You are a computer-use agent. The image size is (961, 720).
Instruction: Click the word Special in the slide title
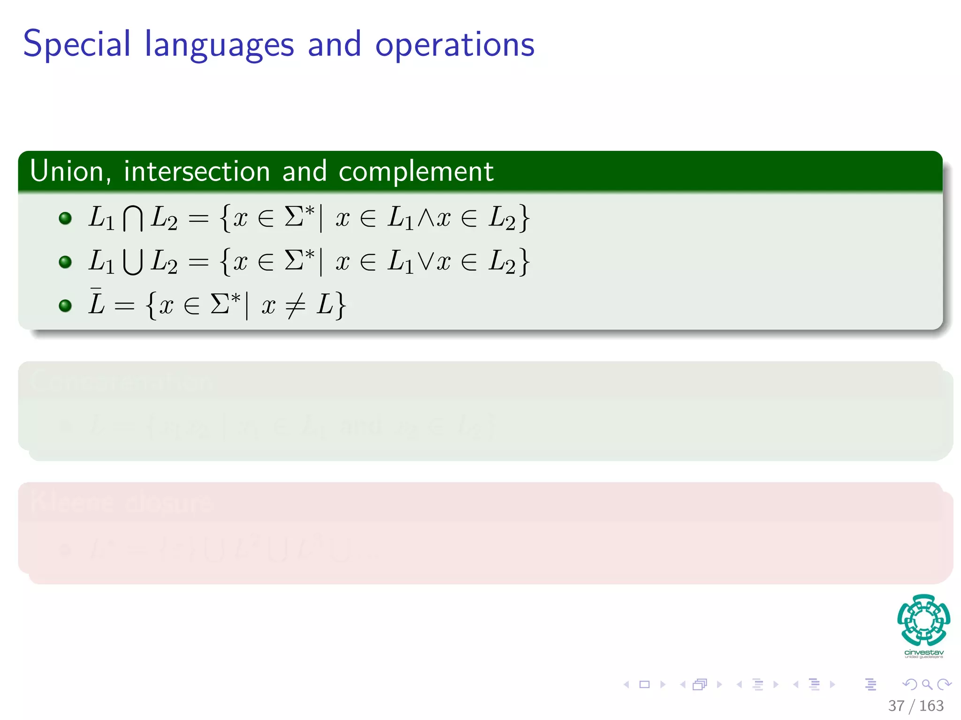click(76, 45)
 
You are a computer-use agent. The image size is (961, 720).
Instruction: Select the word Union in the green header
click(67, 171)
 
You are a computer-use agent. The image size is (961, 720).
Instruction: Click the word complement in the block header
click(416, 172)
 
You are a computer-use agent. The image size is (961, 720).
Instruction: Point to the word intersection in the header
click(197, 171)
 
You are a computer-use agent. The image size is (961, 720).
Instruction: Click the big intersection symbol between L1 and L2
click(133, 219)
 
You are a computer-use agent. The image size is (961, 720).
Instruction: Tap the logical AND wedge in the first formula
click(425, 218)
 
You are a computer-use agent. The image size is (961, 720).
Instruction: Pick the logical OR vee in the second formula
click(425, 261)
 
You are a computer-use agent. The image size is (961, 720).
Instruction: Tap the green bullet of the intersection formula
click(65, 218)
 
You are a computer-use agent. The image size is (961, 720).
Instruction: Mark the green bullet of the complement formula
click(65, 306)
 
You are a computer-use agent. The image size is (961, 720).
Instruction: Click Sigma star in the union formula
click(299, 260)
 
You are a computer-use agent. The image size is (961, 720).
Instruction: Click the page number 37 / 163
click(915, 706)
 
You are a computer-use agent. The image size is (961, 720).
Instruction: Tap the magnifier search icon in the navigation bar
click(927, 684)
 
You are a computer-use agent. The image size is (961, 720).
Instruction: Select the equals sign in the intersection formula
click(198, 218)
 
